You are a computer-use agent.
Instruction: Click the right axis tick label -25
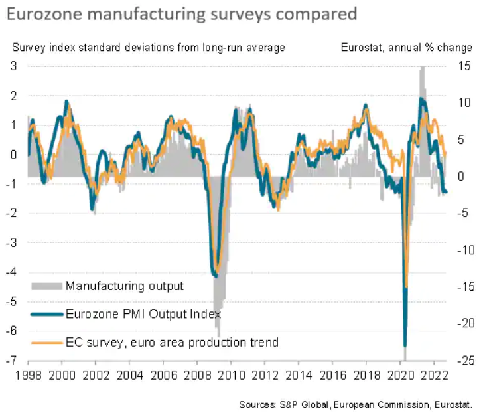tap(464, 360)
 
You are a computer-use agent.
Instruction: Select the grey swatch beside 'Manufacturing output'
tap(46, 286)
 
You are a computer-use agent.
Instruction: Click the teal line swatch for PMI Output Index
tap(46, 314)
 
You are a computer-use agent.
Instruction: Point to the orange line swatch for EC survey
tap(46, 343)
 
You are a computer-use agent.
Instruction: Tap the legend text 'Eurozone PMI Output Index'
tap(143, 314)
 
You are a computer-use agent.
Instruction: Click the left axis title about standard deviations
tap(148, 47)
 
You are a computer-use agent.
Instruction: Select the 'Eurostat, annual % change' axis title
tap(406, 47)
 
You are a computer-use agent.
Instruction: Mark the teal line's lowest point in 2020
tap(405, 345)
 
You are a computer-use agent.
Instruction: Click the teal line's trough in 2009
tap(215, 275)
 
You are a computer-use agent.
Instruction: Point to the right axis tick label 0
tap(462, 176)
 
